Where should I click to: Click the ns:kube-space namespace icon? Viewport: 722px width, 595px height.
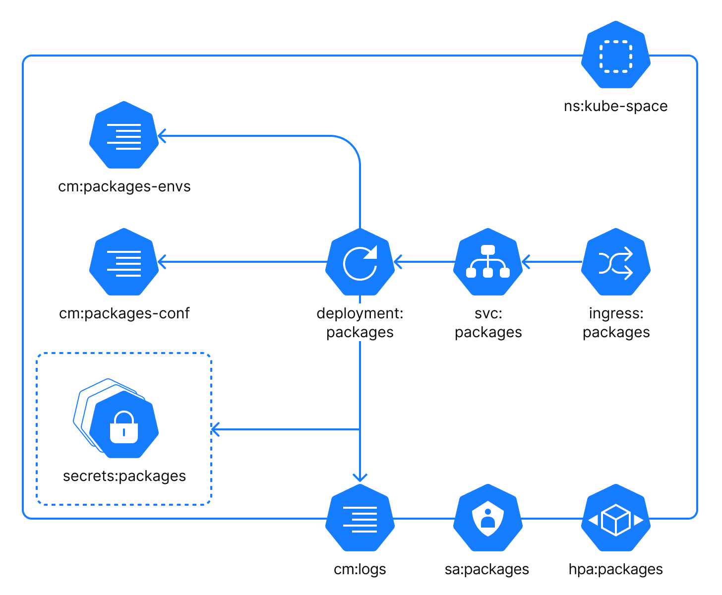(x=615, y=55)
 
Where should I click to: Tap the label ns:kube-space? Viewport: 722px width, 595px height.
(x=615, y=106)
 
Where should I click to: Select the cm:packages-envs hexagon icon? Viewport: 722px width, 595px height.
(x=124, y=135)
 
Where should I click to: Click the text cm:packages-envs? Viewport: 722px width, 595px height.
(x=124, y=186)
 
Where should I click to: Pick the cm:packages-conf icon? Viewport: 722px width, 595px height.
(x=124, y=262)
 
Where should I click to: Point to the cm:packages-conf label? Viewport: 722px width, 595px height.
(x=124, y=313)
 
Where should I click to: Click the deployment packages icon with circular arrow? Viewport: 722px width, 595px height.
(x=360, y=262)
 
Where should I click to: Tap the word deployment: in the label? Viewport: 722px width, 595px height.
(x=360, y=313)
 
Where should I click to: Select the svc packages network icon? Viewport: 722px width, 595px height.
(x=488, y=262)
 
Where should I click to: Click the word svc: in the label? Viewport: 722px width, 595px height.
(x=488, y=313)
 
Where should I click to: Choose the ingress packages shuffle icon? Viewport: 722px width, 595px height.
(x=615, y=262)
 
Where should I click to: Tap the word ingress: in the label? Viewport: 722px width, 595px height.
(x=616, y=313)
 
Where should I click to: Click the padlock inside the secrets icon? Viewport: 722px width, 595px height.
(x=124, y=427)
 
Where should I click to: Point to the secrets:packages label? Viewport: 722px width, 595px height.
(x=124, y=476)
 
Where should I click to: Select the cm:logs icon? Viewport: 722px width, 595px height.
(x=360, y=518)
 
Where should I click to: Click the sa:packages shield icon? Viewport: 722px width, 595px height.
(x=488, y=518)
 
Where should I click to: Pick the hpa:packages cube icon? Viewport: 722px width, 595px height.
(x=615, y=518)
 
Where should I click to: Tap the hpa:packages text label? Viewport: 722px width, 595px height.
(x=615, y=569)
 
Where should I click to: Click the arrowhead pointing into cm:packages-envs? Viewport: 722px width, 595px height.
(x=161, y=135)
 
